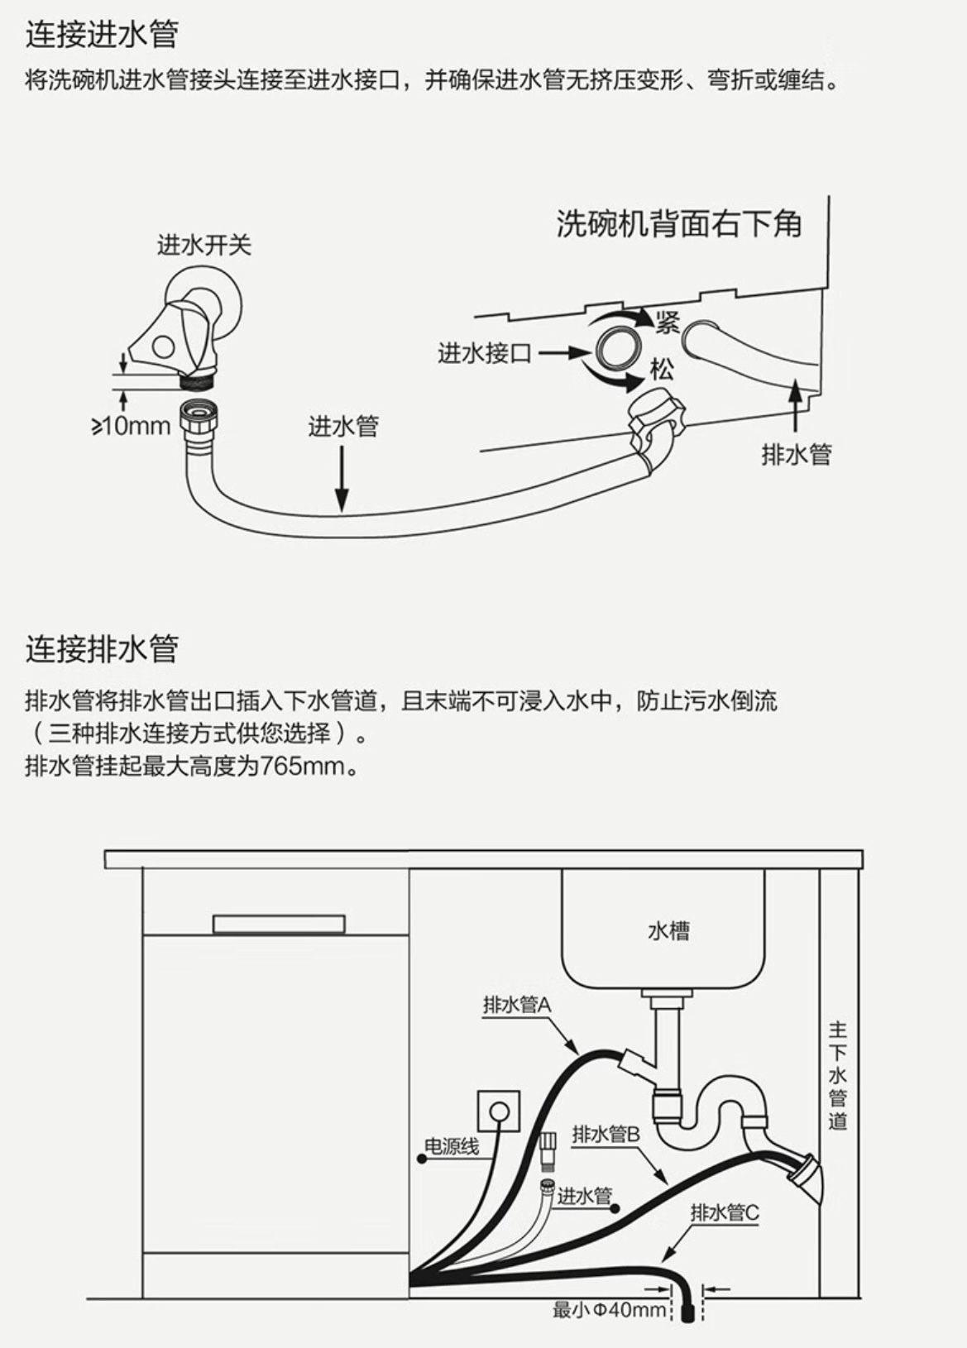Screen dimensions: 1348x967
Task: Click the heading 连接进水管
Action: tap(102, 34)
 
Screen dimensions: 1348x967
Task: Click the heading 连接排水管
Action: tap(102, 648)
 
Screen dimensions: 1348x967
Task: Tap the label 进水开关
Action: tap(203, 246)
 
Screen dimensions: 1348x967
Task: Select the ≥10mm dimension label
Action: tap(131, 427)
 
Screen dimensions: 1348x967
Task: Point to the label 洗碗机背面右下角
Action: tap(678, 223)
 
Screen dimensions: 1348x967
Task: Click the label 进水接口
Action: tap(484, 353)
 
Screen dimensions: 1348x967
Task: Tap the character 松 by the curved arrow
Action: tap(662, 369)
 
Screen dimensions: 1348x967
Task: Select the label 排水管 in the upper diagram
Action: tap(796, 454)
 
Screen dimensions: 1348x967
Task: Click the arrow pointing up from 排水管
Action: tap(795, 405)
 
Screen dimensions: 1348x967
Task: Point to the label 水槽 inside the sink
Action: tap(668, 931)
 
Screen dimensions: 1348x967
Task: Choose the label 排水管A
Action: tap(517, 1005)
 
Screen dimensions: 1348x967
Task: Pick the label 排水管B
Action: tap(606, 1134)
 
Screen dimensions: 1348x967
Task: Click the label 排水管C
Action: tap(725, 1212)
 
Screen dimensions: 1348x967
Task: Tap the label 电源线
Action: tap(452, 1146)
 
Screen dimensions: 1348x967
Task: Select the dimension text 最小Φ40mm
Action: tap(610, 1310)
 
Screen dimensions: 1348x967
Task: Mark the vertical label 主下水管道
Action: tap(838, 1075)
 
